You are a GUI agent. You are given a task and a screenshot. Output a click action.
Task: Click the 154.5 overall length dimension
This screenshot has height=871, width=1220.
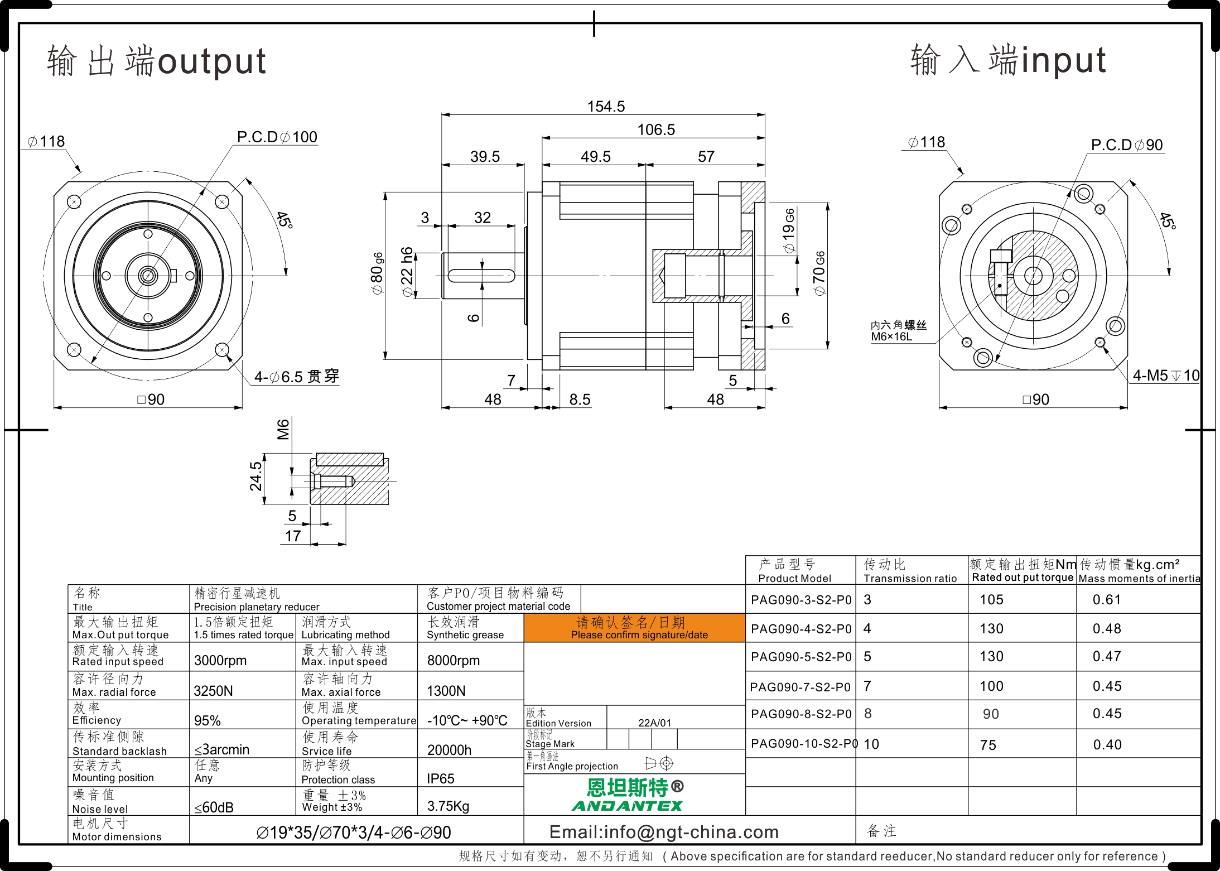pos(606,106)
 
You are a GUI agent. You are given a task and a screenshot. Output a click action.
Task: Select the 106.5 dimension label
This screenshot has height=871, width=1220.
pos(656,129)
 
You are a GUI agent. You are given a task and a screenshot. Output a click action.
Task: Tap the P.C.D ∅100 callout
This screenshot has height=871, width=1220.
pos(277,137)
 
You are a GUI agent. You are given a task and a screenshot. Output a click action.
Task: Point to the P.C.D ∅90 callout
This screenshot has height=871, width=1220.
pos(1127,145)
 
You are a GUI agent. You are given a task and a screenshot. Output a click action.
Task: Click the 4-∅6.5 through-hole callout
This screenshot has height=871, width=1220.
pos(297,377)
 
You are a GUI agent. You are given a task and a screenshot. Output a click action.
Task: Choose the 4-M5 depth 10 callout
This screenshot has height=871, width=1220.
pos(1166,376)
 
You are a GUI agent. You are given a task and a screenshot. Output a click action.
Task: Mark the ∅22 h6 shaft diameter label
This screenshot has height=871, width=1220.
pos(407,272)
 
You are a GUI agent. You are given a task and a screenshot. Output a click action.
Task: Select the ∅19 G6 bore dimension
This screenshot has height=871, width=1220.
pos(789,231)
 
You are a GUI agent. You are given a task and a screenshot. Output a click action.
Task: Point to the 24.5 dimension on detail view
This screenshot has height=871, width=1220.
pos(255,476)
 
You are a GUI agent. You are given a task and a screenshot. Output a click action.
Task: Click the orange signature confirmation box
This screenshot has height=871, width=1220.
pos(634,628)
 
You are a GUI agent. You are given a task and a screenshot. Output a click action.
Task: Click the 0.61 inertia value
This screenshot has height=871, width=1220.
pos(1107,600)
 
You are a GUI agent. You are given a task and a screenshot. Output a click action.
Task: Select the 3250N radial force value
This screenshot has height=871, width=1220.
pos(213,691)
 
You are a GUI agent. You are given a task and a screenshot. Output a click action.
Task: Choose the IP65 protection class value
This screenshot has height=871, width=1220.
pos(441,778)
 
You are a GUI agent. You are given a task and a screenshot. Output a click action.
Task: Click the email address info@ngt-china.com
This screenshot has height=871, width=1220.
pos(664,832)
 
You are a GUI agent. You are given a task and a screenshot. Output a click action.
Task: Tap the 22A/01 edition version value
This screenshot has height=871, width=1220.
pos(654,723)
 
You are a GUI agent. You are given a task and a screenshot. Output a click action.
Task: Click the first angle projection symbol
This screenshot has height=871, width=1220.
pos(659,763)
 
